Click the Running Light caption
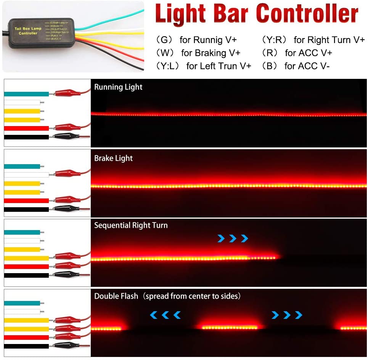pyautogui.click(x=118, y=87)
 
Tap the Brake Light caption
pyautogui.click(x=113, y=158)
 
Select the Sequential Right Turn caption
pyautogui.click(x=131, y=225)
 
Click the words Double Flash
pyautogui.click(x=116, y=296)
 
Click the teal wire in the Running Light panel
pyautogui.click(x=26, y=94)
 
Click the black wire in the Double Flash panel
pyautogui.click(x=26, y=346)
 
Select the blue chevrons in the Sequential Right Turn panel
pyautogui.click(x=233, y=238)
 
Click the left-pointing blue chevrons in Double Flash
pyautogui.click(x=165, y=315)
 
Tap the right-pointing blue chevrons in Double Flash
pyautogui.click(x=287, y=315)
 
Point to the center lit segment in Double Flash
pyautogui.click(x=230, y=327)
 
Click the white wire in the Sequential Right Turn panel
pyautogui.click(x=22, y=241)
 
